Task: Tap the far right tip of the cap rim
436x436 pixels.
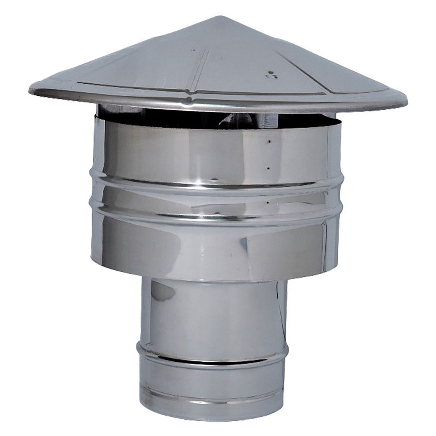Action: [x=408, y=102]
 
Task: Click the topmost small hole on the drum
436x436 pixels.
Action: [x=269, y=142]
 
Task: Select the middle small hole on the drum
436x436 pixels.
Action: [x=269, y=168]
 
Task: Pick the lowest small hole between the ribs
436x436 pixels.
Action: [x=269, y=202]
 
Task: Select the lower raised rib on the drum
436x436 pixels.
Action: [x=213, y=217]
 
